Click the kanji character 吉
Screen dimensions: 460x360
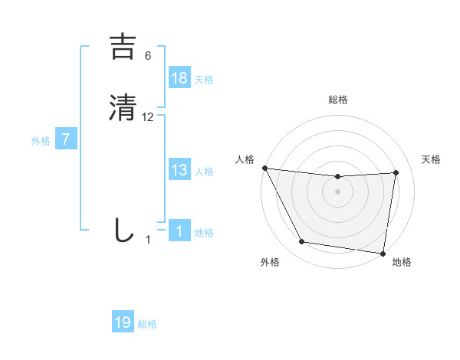[124, 48]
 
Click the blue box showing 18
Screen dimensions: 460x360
[179, 78]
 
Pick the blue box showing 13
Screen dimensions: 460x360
[179, 170]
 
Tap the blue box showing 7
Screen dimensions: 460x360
[67, 139]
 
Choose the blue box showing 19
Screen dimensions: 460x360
[123, 322]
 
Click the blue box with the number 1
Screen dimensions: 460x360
[179, 231]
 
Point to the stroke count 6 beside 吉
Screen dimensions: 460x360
[148, 57]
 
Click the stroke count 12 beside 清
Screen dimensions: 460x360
[148, 117]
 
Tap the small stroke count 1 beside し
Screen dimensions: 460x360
[148, 239]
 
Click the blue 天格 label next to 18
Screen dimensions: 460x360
[204, 80]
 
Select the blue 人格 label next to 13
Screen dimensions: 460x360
[204, 172]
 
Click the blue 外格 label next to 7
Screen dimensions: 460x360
[41, 141]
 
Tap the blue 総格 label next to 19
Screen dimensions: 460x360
[147, 324]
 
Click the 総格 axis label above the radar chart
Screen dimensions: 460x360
[337, 100]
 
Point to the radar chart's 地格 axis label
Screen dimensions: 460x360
[402, 262]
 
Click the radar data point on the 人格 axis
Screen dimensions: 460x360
[265, 168]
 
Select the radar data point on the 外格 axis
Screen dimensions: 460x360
[302, 243]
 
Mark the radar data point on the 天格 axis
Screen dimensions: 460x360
[396, 172]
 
